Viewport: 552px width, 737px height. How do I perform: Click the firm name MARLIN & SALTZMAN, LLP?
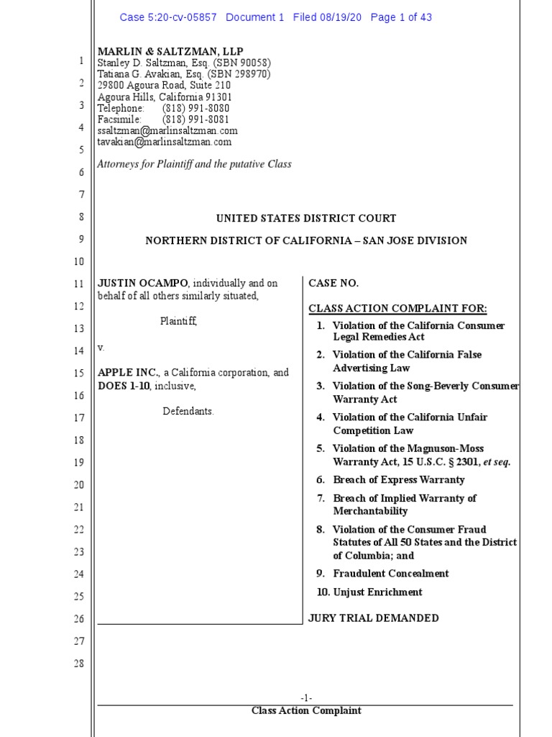coord(170,51)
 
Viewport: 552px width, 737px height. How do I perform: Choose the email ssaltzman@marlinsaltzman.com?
coord(167,131)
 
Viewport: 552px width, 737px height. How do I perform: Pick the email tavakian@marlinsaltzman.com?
coord(165,143)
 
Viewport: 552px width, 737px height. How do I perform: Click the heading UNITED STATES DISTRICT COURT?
coord(306,218)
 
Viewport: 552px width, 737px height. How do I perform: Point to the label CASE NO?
coord(333,284)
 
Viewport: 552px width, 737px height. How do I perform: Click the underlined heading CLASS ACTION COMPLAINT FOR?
coord(397,309)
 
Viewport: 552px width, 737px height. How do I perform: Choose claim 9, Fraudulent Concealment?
coord(390,574)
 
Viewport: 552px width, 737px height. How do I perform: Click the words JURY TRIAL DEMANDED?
coord(373,618)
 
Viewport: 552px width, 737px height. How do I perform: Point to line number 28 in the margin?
coord(79,664)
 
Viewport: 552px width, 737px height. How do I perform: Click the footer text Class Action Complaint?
coord(306,711)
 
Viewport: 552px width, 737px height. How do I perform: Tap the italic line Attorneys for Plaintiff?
coord(194,164)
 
